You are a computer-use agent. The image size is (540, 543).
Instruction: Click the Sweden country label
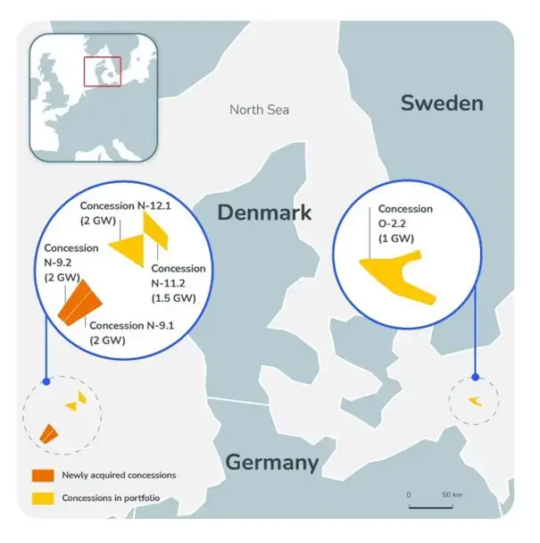point(442,103)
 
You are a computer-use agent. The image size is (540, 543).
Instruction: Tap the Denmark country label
point(265,213)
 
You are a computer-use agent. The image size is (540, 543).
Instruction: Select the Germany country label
point(271,462)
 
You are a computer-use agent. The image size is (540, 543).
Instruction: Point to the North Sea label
point(260,110)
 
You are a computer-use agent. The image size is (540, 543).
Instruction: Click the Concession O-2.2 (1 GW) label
point(405,223)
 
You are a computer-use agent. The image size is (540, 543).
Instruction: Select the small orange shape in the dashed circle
point(48,434)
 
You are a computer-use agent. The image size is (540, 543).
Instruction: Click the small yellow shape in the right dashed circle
point(475,399)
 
